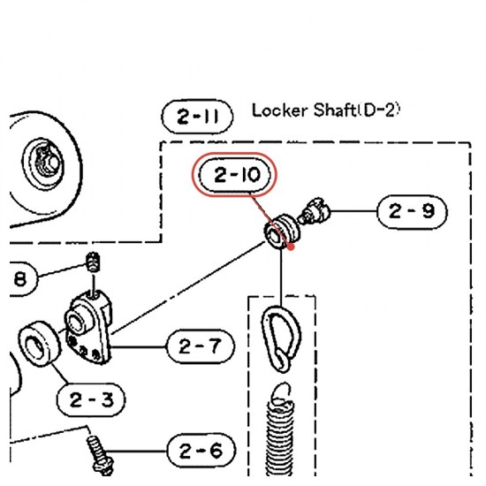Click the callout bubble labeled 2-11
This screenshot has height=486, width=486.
pyautogui.click(x=197, y=117)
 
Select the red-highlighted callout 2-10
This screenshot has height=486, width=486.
pyautogui.click(x=234, y=175)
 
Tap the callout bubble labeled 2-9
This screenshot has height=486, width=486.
pyautogui.click(x=412, y=212)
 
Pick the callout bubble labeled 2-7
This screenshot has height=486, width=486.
pyautogui.click(x=201, y=346)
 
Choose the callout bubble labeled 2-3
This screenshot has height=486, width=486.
pyautogui.click(x=91, y=399)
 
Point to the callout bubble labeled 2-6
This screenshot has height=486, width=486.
pyautogui.click(x=201, y=451)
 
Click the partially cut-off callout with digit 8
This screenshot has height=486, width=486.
pyautogui.click(x=22, y=279)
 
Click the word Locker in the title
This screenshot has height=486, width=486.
pyautogui.click(x=280, y=110)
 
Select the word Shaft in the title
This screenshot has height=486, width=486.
pyautogui.click(x=334, y=110)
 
